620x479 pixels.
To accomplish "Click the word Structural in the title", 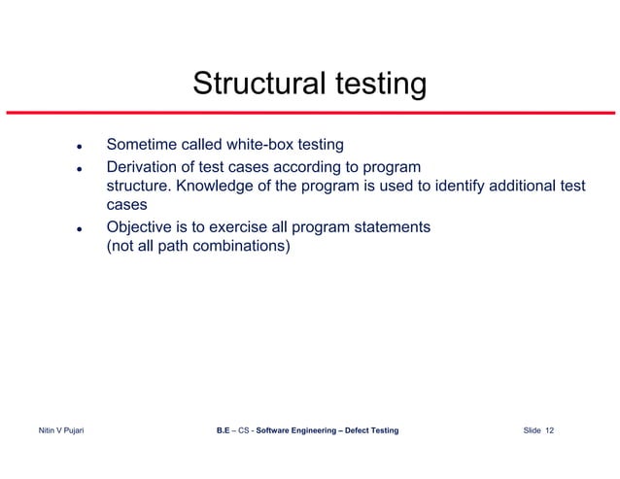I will click(x=256, y=85).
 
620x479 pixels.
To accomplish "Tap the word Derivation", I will click(x=144, y=166).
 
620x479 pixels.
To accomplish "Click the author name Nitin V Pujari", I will click(x=59, y=430).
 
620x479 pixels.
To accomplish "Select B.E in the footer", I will click(x=224, y=430).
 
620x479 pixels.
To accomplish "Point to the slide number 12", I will click(x=549, y=430).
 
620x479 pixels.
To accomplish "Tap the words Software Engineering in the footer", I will click(x=293, y=430).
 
